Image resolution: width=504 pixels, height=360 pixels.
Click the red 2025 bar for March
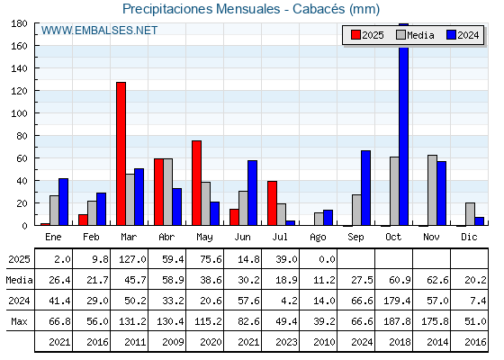[121, 154]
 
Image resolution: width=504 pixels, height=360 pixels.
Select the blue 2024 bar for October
[404, 124]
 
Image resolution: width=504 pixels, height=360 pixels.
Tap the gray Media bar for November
[432, 190]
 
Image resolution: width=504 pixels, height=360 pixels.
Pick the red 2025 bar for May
[197, 183]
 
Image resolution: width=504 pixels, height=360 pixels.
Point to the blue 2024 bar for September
[365, 188]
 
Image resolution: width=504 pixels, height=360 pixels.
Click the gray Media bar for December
[470, 214]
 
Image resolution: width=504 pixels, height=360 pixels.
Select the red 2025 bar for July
[272, 203]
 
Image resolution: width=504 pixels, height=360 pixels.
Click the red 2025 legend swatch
[355, 35]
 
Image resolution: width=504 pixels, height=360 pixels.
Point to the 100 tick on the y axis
[35, 113]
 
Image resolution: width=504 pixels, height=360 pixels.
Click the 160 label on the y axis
[19, 46]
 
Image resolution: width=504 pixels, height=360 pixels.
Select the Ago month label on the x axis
[318, 238]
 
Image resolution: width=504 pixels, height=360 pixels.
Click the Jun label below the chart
[242, 237]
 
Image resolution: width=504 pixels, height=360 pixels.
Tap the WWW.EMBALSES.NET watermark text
[99, 31]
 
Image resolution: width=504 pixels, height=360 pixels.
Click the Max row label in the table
[19, 321]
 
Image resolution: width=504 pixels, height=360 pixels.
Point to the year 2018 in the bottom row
[400, 342]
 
